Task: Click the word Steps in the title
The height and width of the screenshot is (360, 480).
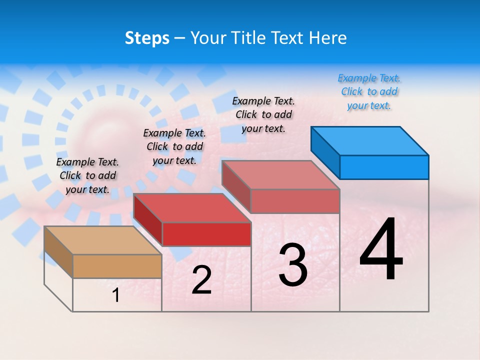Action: [x=147, y=38]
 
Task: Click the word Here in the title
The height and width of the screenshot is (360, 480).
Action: [x=328, y=38]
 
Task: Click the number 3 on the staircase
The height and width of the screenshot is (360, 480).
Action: [x=293, y=265]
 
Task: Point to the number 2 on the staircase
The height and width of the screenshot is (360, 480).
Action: [x=201, y=280]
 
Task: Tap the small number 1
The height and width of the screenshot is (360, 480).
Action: [x=116, y=295]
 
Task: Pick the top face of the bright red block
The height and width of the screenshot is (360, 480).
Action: [x=191, y=207]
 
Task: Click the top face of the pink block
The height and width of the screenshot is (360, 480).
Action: [x=281, y=174]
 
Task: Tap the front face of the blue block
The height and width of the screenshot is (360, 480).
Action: [x=384, y=167]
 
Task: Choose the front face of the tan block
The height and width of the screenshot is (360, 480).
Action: [x=117, y=266]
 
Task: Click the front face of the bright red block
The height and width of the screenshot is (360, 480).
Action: [x=206, y=234]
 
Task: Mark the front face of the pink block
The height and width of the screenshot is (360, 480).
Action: [x=295, y=201]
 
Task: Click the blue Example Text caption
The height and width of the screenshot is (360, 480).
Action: [x=369, y=91]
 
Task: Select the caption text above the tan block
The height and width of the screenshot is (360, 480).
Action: [x=87, y=175]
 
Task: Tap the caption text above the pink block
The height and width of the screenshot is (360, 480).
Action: [x=263, y=114]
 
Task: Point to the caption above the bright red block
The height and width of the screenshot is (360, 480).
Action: [x=174, y=146]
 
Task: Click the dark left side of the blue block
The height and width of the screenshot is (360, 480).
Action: [x=325, y=152]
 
